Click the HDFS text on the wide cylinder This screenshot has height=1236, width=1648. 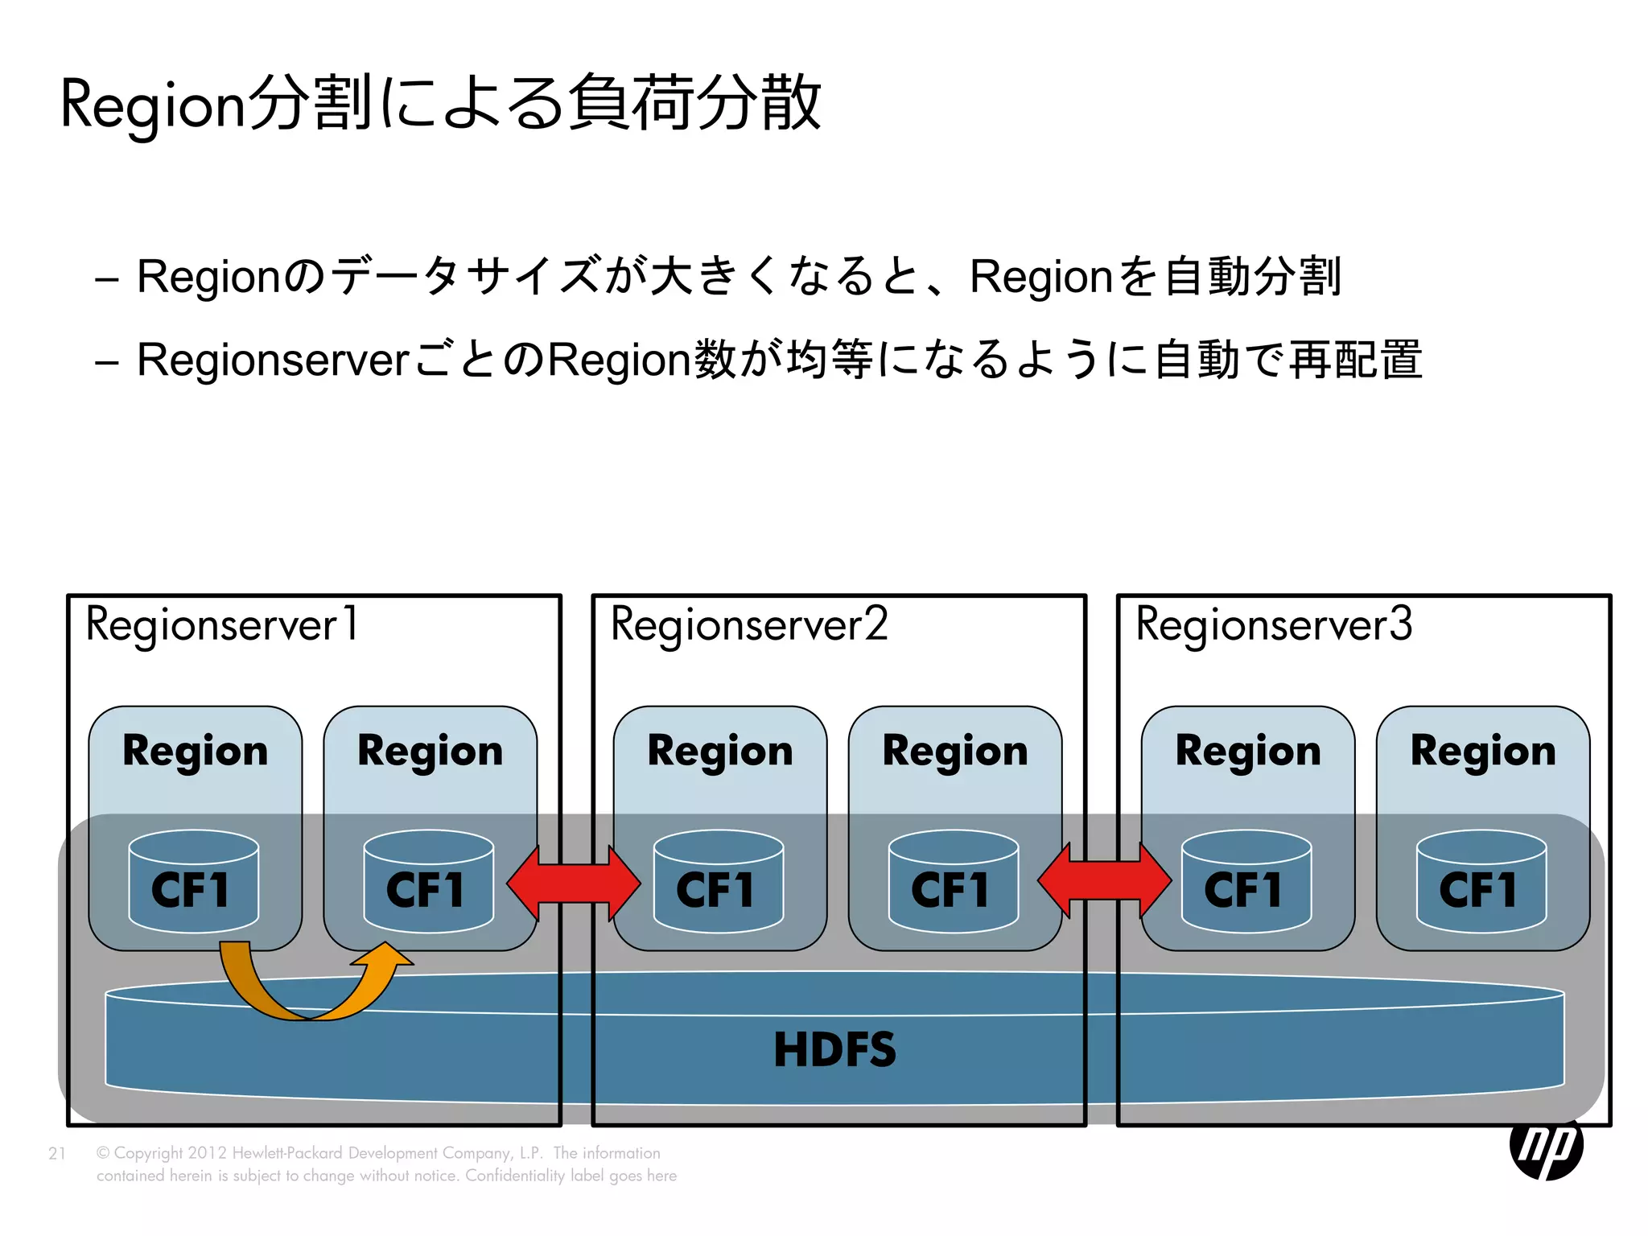click(834, 1050)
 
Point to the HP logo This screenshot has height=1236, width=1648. click(1546, 1147)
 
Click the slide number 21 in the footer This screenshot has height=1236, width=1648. click(56, 1153)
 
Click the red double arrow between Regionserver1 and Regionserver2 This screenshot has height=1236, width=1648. click(574, 883)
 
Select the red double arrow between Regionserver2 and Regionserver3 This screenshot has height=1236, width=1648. click(1104, 880)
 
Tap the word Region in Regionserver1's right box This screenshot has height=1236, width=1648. click(430, 752)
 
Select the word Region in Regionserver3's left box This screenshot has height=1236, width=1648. click(1247, 752)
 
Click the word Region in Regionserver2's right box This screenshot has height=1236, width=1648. click(954, 752)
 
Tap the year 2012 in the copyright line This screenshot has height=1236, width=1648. click(208, 1153)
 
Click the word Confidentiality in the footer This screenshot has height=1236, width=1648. click(515, 1176)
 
